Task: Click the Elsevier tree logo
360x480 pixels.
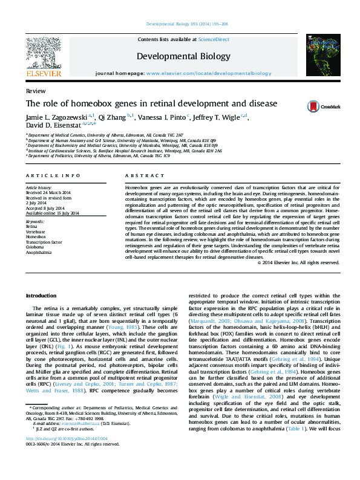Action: coord(43,53)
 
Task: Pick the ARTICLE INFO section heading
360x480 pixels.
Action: coord(53,175)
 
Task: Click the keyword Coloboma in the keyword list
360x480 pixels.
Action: coord(35,247)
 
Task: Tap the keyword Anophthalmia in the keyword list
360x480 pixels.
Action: coord(38,253)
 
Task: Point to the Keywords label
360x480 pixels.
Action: coord(35,222)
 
